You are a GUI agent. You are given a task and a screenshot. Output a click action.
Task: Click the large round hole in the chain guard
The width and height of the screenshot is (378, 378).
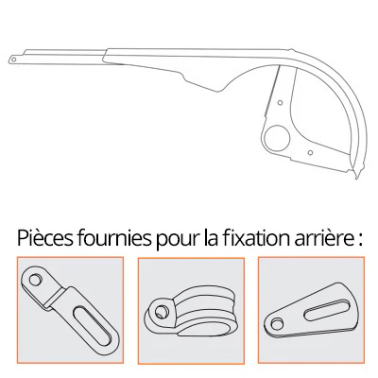[x=277, y=138]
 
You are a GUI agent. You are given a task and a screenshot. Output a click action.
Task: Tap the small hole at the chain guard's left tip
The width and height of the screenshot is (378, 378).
[x=13, y=59]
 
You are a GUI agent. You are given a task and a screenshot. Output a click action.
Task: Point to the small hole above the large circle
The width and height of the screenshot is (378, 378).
[x=280, y=103]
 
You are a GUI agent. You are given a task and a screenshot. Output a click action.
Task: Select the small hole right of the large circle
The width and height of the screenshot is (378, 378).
[x=310, y=153]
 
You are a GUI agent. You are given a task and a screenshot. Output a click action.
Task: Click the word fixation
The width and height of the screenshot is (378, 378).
[x=255, y=238]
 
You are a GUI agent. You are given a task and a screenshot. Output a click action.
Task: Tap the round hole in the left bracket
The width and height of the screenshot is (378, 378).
[x=35, y=280]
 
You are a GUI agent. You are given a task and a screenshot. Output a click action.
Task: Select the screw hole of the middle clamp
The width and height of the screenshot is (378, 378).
[x=162, y=312]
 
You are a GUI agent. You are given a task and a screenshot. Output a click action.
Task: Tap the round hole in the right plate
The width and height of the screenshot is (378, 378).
[x=278, y=324]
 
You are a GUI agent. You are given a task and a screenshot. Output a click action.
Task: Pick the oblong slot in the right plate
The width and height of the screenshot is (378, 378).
[x=326, y=308]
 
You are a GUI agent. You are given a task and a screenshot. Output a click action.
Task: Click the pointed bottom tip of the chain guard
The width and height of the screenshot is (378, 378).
[x=356, y=178]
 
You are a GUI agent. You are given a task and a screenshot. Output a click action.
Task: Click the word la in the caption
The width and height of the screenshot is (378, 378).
[x=211, y=238]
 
